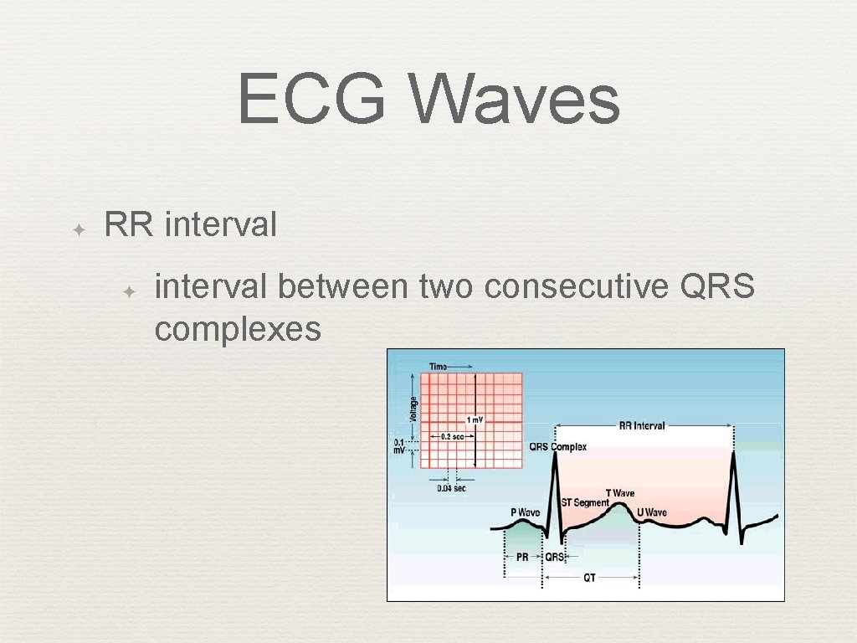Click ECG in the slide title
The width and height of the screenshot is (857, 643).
coord(311,99)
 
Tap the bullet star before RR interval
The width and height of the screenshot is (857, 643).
coord(76,228)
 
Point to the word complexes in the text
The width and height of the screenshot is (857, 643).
coord(238,329)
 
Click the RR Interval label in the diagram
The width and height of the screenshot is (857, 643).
coord(642,425)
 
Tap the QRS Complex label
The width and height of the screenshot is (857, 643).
coord(557,446)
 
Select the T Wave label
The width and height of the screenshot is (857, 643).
coord(619,493)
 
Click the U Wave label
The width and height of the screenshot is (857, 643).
coord(652,512)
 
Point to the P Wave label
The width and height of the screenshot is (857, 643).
coord(525,512)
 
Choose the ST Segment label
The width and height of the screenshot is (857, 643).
coord(584,502)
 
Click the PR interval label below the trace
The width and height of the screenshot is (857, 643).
coord(522,557)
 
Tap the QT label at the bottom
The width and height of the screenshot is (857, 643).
coord(589,578)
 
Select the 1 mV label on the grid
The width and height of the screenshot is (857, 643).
coord(475,419)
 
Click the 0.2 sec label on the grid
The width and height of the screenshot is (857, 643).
coord(452,436)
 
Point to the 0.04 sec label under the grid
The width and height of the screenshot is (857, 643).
coord(451,488)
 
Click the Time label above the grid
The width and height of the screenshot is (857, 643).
coord(439,366)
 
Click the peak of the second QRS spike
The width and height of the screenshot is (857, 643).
coord(734,452)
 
